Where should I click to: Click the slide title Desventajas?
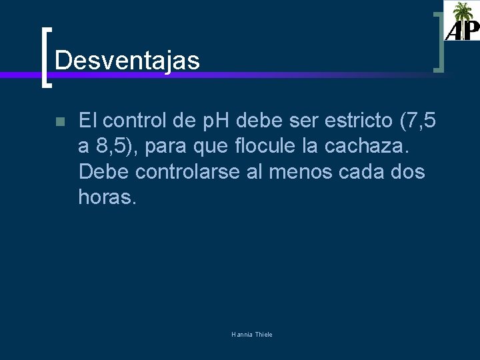pos(127,61)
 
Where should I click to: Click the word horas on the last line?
pos(107,197)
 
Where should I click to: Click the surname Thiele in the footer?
pos(261,334)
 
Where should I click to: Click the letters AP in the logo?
pos(461,30)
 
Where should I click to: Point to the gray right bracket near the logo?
pos(439,41)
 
